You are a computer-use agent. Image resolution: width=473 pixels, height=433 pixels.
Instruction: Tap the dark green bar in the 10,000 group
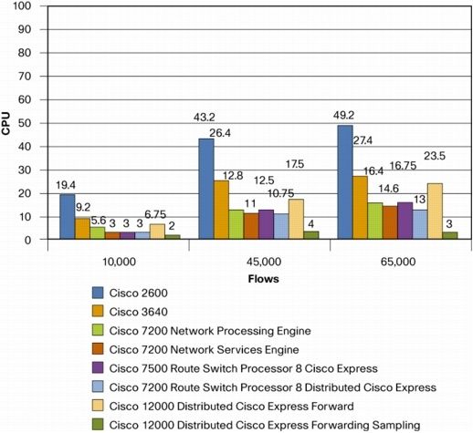click(x=173, y=237)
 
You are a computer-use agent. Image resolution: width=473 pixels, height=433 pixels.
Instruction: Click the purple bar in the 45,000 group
click(x=267, y=224)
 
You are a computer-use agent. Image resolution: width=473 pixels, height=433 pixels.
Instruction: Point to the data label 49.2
click(x=343, y=116)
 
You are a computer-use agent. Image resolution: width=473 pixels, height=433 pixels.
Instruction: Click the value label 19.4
click(x=66, y=185)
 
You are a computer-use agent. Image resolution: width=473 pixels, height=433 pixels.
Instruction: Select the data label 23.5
click(x=435, y=156)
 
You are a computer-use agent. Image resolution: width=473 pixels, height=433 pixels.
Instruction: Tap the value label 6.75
click(x=155, y=214)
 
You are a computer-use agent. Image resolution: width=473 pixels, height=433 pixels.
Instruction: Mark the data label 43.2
click(x=205, y=117)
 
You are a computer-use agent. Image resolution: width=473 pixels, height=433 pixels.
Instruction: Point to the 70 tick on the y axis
click(x=25, y=77)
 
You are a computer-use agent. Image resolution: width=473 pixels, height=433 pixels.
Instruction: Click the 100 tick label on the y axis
click(x=22, y=5)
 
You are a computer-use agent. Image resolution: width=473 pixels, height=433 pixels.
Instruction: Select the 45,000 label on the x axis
click(x=264, y=262)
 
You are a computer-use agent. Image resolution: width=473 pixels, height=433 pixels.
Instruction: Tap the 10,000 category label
click(x=119, y=262)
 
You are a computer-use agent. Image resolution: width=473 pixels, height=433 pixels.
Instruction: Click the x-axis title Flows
click(x=264, y=279)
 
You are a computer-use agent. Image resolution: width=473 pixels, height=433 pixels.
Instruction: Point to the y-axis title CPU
click(x=5, y=123)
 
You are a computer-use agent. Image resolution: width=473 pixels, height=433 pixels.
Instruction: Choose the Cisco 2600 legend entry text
click(x=139, y=293)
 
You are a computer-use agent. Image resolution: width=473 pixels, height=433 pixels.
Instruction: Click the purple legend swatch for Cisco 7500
click(x=98, y=368)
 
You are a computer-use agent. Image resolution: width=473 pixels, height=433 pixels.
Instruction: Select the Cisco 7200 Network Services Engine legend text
click(x=204, y=349)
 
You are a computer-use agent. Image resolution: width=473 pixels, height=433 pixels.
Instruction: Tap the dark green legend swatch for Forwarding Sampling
click(x=98, y=425)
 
